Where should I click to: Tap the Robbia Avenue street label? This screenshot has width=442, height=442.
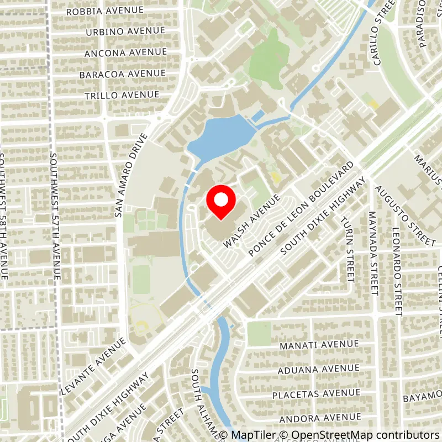click(104, 10)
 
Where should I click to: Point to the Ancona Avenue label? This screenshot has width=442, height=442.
click(125, 52)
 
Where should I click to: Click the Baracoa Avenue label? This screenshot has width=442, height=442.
click(122, 73)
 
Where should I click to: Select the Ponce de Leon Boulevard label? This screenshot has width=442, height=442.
click(301, 209)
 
